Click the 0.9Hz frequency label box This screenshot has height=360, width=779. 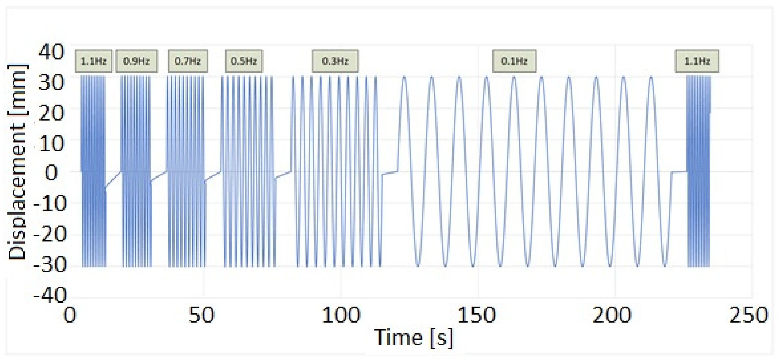pyautogui.click(x=136, y=61)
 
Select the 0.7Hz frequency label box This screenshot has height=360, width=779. pyautogui.click(x=188, y=61)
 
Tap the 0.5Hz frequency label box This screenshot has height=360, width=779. pyautogui.click(x=244, y=61)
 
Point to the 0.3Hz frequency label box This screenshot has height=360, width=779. pyautogui.click(x=335, y=61)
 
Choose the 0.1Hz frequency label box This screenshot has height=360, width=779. pyautogui.click(x=514, y=61)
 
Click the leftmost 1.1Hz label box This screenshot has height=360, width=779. pyautogui.click(x=93, y=61)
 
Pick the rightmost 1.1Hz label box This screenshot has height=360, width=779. pyautogui.click(x=697, y=61)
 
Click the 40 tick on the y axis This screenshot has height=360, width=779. pyautogui.click(x=52, y=52)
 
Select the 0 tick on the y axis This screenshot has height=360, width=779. pyautogui.click(x=52, y=173)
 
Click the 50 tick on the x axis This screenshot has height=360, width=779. pyautogui.click(x=201, y=315)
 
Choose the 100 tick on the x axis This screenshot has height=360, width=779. pyautogui.click(x=341, y=315)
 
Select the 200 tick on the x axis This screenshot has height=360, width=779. pyautogui.click(x=612, y=315)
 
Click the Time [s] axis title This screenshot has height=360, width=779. pyautogui.click(x=413, y=337)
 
